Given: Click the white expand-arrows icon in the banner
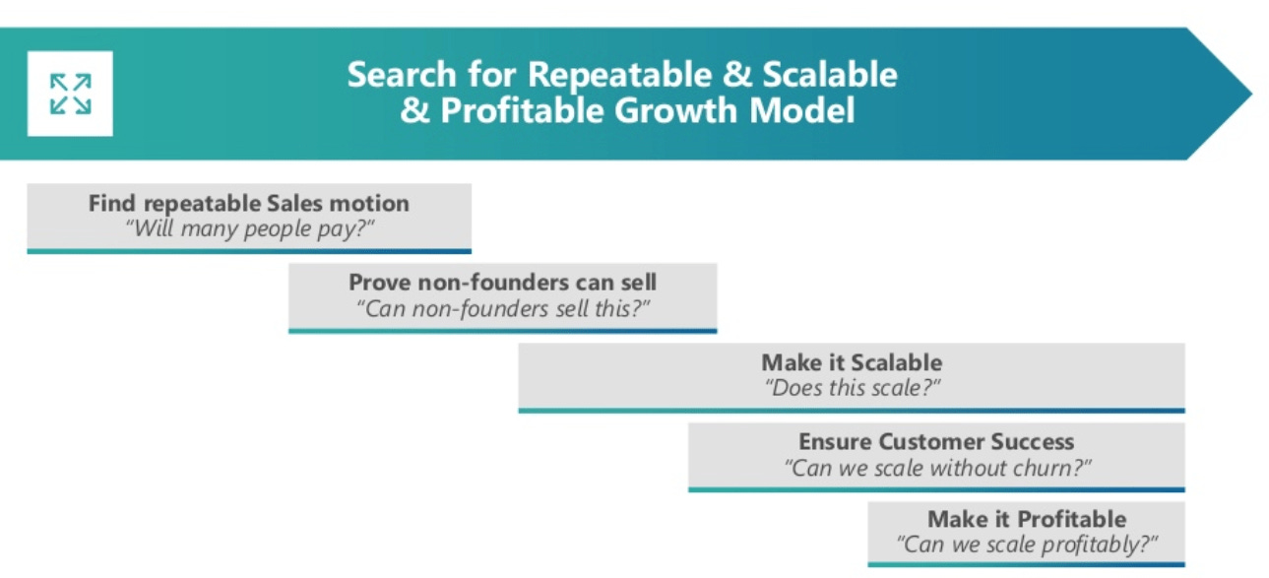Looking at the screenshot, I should point(70,94).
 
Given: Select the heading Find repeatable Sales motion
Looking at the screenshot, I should point(248,204).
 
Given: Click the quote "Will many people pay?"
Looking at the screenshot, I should point(248,229).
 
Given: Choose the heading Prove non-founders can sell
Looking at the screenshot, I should point(502,283).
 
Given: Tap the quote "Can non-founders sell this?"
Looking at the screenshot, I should point(502,308).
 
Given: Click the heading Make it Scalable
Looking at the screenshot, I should point(852,362).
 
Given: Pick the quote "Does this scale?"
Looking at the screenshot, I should point(852,388).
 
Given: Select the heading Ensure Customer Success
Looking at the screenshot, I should point(936,442).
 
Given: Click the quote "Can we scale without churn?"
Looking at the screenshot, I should point(936,468).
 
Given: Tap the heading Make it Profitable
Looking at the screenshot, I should point(1027,519).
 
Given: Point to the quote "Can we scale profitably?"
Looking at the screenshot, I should point(1027,544).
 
